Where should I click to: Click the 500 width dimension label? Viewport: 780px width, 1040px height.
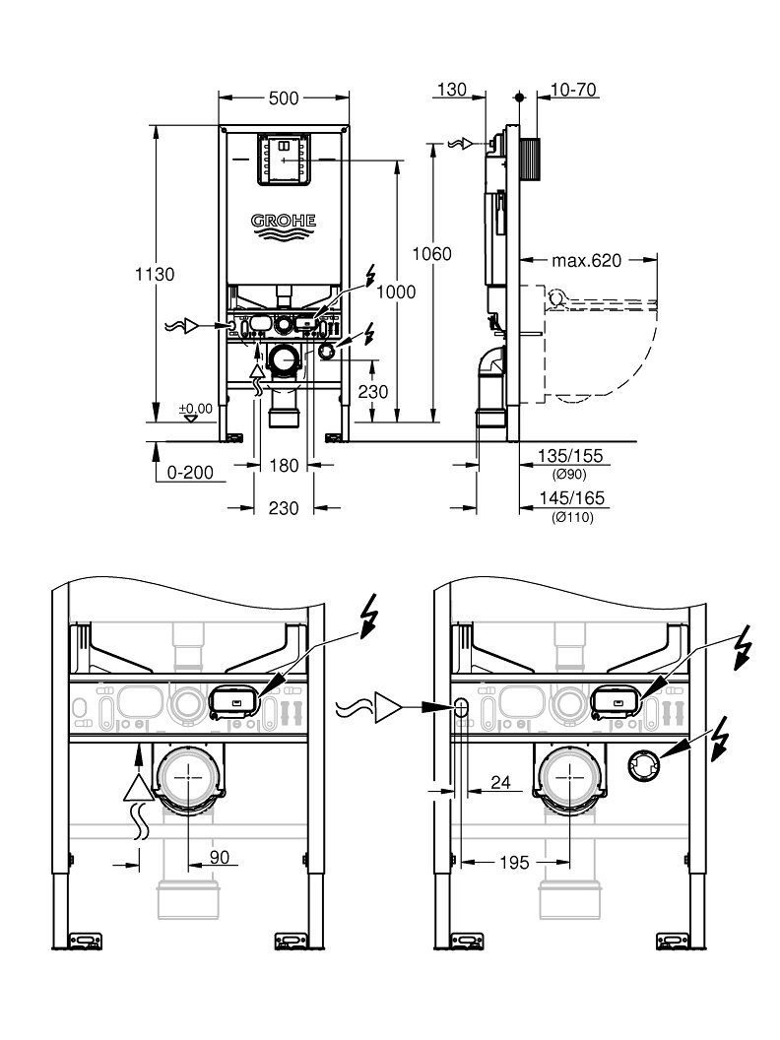[x=284, y=98]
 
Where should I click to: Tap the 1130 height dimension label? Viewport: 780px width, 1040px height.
[x=155, y=274]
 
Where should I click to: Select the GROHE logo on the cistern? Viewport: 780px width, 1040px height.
[x=284, y=226]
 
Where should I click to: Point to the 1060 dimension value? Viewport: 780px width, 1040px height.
[x=431, y=253]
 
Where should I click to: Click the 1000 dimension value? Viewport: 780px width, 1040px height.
[x=396, y=292]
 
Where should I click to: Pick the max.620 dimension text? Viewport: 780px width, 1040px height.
[x=587, y=260]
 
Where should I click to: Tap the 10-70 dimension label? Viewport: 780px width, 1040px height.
[x=573, y=89]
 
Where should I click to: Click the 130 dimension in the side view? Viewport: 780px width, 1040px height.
[x=452, y=89]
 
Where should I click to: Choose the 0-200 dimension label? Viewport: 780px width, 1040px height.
[x=190, y=473]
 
